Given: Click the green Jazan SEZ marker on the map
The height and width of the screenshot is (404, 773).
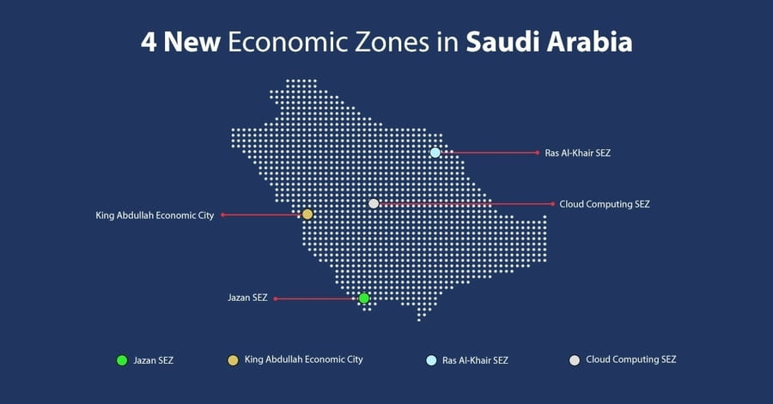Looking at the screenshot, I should (x=364, y=298).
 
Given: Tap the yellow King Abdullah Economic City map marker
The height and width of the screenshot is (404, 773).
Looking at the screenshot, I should (x=307, y=214).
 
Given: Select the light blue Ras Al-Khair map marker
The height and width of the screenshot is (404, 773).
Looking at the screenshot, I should (x=435, y=153).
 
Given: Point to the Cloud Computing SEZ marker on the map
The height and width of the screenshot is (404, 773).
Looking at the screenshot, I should (x=374, y=204).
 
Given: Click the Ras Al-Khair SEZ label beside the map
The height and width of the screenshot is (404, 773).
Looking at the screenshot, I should (x=577, y=153).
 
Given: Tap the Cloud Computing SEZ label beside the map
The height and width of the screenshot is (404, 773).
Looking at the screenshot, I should (x=604, y=204).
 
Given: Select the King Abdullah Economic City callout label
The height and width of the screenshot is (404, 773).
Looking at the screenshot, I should (x=155, y=215).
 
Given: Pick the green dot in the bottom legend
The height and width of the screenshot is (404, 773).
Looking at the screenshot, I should (x=122, y=360).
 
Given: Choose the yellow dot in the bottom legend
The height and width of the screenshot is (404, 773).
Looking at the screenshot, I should (x=233, y=360).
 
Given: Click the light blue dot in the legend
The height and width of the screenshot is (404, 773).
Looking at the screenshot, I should (x=431, y=360).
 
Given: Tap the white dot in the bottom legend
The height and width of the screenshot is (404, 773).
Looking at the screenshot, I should (x=575, y=360).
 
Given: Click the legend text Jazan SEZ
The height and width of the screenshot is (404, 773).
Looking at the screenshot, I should (x=154, y=360).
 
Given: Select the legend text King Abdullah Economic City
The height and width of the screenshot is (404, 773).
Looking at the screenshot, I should (x=303, y=360).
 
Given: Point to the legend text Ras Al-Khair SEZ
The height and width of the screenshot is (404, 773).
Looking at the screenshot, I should (x=474, y=360).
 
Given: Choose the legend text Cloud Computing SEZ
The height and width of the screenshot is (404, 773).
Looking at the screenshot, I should (x=630, y=360).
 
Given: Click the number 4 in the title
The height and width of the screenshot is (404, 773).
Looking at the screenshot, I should (x=149, y=43).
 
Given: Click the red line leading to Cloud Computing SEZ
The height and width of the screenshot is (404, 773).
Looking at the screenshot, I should (x=464, y=204).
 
